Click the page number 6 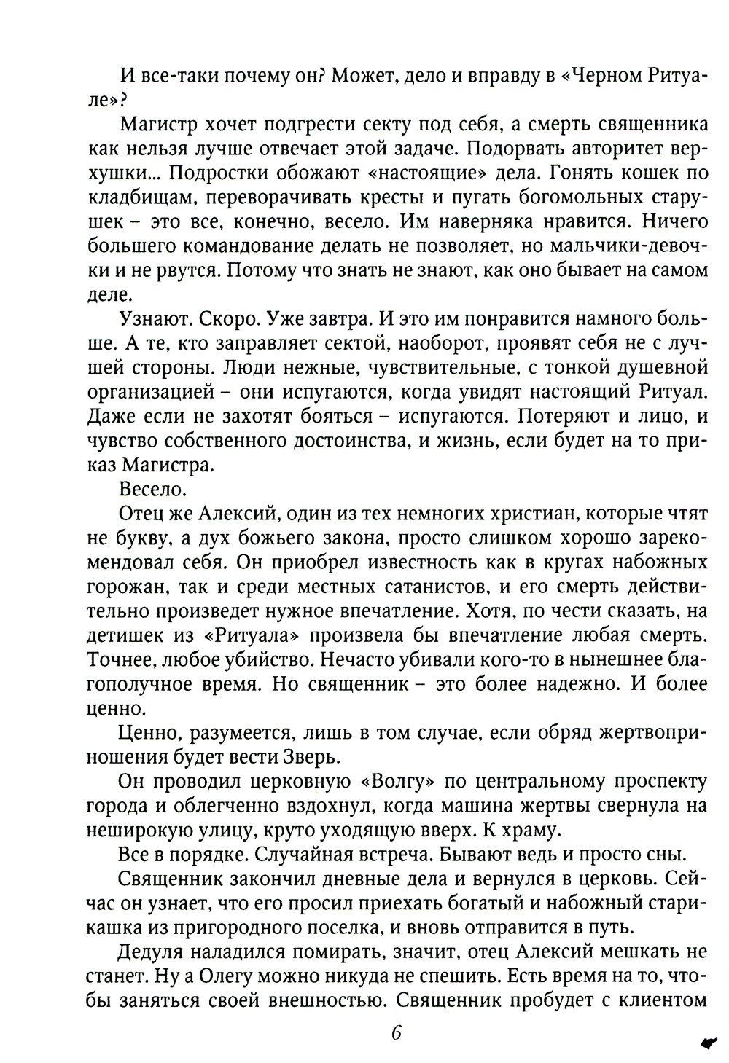[397, 1034]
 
